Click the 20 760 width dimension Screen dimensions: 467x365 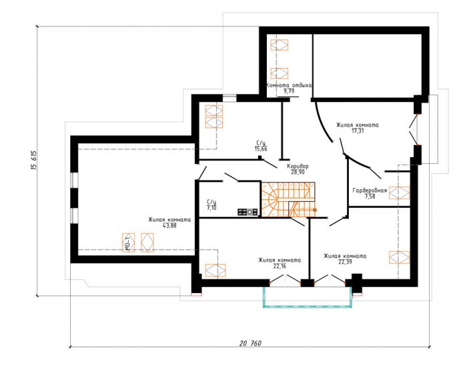tap(250, 343)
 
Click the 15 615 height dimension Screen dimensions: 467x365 tap(34, 160)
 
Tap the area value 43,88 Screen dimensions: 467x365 tap(169, 226)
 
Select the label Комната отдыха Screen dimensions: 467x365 tap(289, 85)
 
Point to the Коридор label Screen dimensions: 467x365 tap(298, 166)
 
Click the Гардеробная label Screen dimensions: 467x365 tap(370, 190)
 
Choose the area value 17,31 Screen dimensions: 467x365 tap(358, 131)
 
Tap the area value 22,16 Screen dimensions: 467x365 tap(280, 266)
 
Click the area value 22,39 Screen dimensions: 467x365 tap(345, 262)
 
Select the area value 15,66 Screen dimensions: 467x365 tap(261, 149)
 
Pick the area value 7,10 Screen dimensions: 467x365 tap(211, 208)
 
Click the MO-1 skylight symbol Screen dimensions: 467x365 tap(128, 242)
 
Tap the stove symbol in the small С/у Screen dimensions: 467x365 tap(248, 212)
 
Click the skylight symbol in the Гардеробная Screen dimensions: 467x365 tap(400, 192)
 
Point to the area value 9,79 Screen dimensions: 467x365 tap(289, 91)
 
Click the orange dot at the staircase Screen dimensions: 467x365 tap(315, 210)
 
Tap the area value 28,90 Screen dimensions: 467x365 tap(298, 172)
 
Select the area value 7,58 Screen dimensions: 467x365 tap(370, 196)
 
